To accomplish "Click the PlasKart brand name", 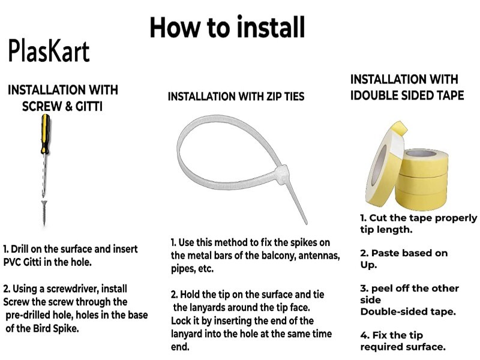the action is pos(49,51).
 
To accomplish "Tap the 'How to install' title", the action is pos(227,27).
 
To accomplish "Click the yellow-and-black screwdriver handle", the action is pos(46,134).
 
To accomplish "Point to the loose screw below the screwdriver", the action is pos(44,213).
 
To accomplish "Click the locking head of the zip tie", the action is pos(281,175).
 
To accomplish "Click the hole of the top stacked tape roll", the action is pos(421,154).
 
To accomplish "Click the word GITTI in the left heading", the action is pos(89,106).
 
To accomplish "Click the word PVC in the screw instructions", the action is pos(12,262).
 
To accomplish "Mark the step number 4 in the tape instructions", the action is pos(364,335).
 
